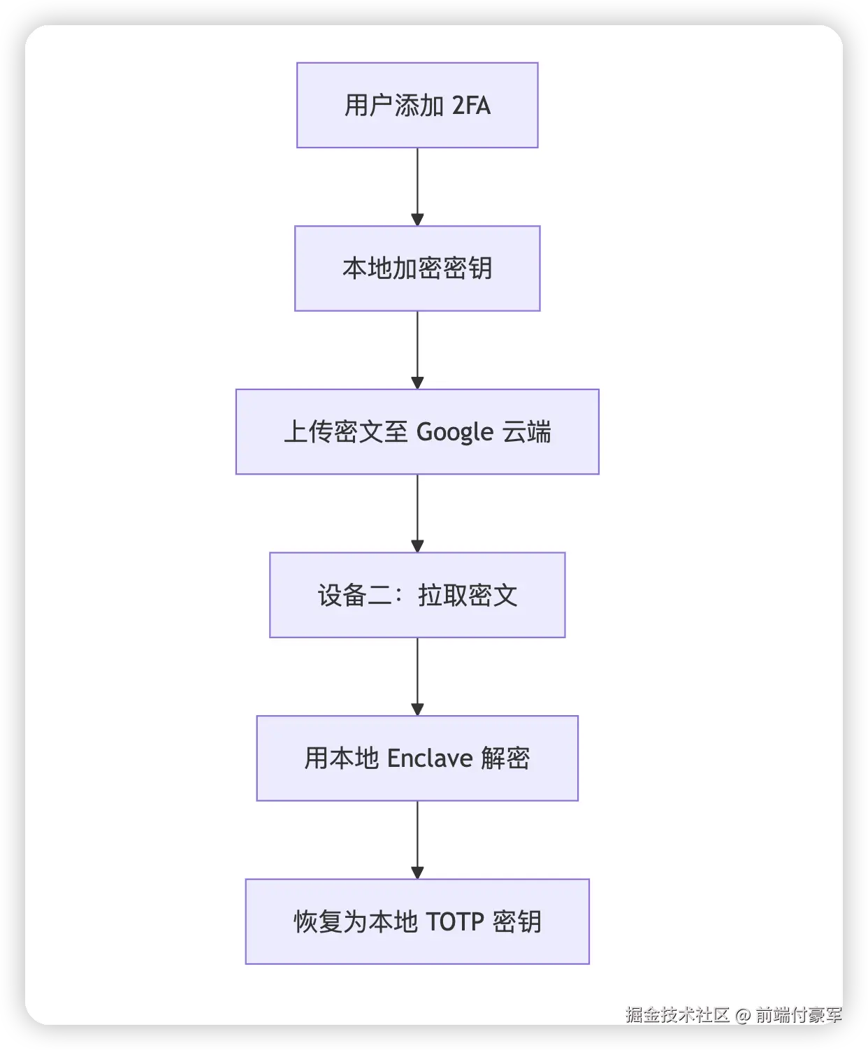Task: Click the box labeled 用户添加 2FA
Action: coord(417,106)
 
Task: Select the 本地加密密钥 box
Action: coord(417,268)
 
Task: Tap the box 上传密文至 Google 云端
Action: coord(417,432)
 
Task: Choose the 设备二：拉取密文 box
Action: coord(417,595)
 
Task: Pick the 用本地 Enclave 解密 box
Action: coord(417,758)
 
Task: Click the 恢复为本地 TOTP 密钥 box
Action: coord(417,921)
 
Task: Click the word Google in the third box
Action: coord(455,433)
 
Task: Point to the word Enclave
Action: coord(430,758)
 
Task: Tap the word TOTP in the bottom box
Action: coord(454,922)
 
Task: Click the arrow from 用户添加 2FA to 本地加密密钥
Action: coord(417,187)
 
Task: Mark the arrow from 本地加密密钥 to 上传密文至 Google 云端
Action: coord(417,350)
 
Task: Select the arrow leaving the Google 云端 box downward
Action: coord(417,513)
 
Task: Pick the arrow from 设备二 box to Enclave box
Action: coord(417,676)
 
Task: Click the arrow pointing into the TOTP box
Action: coord(417,840)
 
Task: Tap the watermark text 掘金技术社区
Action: coord(677,1014)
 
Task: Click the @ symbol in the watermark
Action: coord(742,1015)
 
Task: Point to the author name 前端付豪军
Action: coord(798,1014)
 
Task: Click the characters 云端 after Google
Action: coord(527,432)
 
